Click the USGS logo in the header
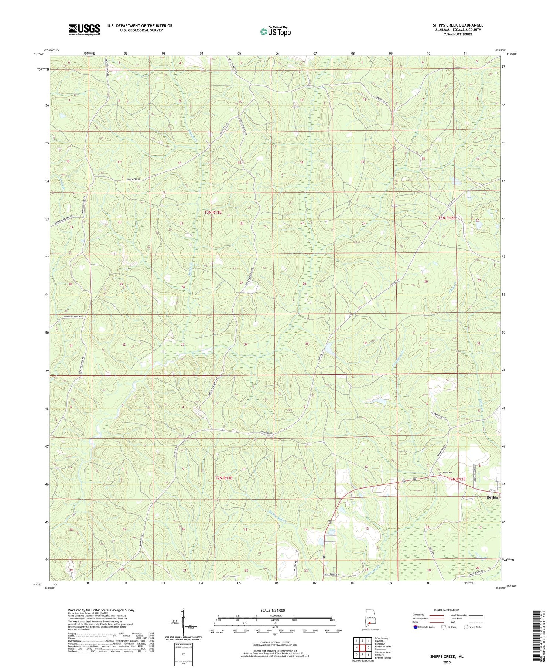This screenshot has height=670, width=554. pos(84,30)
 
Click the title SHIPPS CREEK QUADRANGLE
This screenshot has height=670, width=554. pos(458,25)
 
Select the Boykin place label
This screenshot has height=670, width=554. pos(492,497)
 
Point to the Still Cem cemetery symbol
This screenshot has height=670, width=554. pos(440,473)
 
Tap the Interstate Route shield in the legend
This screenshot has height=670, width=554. pos(415,627)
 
